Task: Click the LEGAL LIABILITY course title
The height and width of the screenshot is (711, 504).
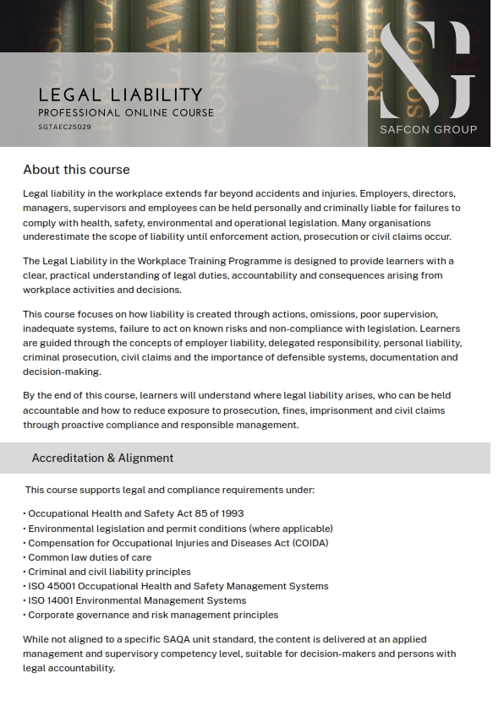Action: pyautogui.click(x=120, y=95)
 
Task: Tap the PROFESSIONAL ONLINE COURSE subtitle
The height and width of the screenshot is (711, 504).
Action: pyautogui.click(x=126, y=112)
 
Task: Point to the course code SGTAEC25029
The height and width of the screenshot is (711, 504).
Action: pyautogui.click(x=65, y=127)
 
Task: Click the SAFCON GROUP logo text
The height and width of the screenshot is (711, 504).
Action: pyautogui.click(x=428, y=129)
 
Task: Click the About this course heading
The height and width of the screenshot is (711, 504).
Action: pyautogui.click(x=76, y=170)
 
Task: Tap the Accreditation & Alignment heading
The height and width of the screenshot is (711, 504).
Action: pyautogui.click(x=102, y=458)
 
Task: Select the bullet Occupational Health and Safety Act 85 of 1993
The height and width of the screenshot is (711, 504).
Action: pyautogui.click(x=135, y=513)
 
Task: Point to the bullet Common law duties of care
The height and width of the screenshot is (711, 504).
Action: pyautogui.click(x=90, y=557)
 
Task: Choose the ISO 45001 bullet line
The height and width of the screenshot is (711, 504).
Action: pyautogui.click(x=178, y=586)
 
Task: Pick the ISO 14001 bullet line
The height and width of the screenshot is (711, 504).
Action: pyautogui.click(x=136, y=600)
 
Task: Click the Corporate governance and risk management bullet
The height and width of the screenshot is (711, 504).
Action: pyautogui.click(x=152, y=615)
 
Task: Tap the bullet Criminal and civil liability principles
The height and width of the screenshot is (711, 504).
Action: pyautogui.click(x=109, y=572)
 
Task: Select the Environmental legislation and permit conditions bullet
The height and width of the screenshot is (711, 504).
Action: pyautogui.click(x=180, y=529)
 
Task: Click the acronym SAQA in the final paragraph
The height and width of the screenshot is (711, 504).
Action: pyautogui.click(x=192, y=639)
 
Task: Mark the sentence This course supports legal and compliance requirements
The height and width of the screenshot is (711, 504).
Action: pyautogui.click(x=169, y=490)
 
